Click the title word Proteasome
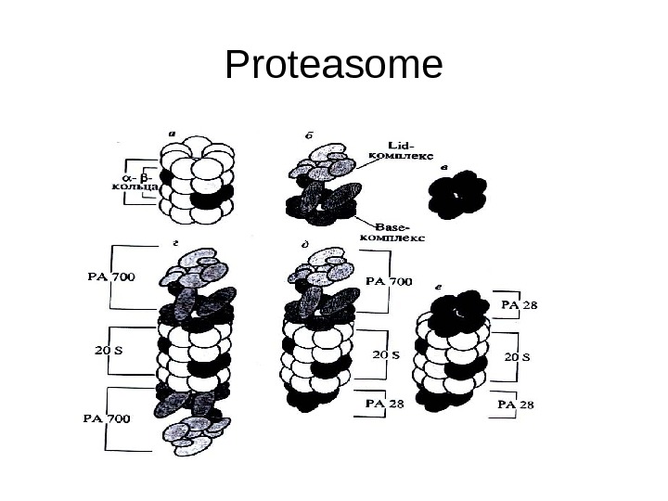tap(334, 67)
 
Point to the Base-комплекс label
tap(401, 232)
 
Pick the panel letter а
tap(173, 132)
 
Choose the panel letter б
tap(309, 134)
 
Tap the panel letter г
tap(175, 241)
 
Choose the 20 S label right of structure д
tap(386, 354)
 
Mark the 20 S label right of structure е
tap(517, 356)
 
